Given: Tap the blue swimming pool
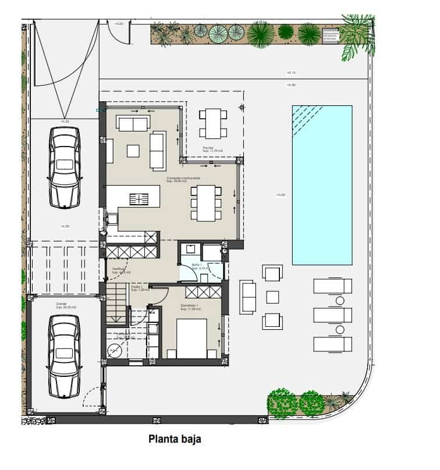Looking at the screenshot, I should tap(322, 184).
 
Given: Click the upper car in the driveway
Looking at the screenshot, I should tap(64, 167).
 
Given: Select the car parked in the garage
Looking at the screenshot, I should tap(64, 355).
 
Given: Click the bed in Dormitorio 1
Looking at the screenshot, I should tap(191, 339).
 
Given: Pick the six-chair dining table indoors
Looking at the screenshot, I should tap(206, 202).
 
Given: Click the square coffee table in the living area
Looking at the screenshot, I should tap(133, 150).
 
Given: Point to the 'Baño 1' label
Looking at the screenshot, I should tap(197, 265).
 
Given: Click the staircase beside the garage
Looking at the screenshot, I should tap(117, 304).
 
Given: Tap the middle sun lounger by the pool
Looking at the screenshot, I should tap(332, 315).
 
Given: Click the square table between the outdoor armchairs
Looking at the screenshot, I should tap(272, 297).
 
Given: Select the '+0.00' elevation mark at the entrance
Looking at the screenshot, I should tap(119, 24).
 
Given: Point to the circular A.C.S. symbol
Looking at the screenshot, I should tap(114, 350).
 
